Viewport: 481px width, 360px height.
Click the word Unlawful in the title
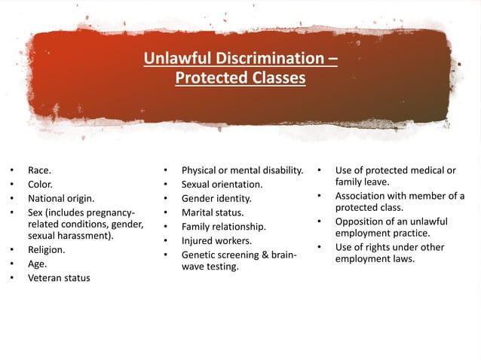point(175,59)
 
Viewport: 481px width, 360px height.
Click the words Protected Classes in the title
point(240,78)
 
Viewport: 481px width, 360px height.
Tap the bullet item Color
point(41,185)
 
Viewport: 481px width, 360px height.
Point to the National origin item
point(61,199)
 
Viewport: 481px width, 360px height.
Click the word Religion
point(47,249)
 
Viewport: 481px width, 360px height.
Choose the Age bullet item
point(38,264)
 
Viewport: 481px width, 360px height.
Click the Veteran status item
point(59,278)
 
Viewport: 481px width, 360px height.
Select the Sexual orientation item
point(222,185)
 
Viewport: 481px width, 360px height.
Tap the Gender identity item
point(216,199)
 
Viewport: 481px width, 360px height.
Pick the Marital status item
point(213,212)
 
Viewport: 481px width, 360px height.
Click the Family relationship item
point(223,226)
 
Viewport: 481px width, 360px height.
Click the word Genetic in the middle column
point(199,255)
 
